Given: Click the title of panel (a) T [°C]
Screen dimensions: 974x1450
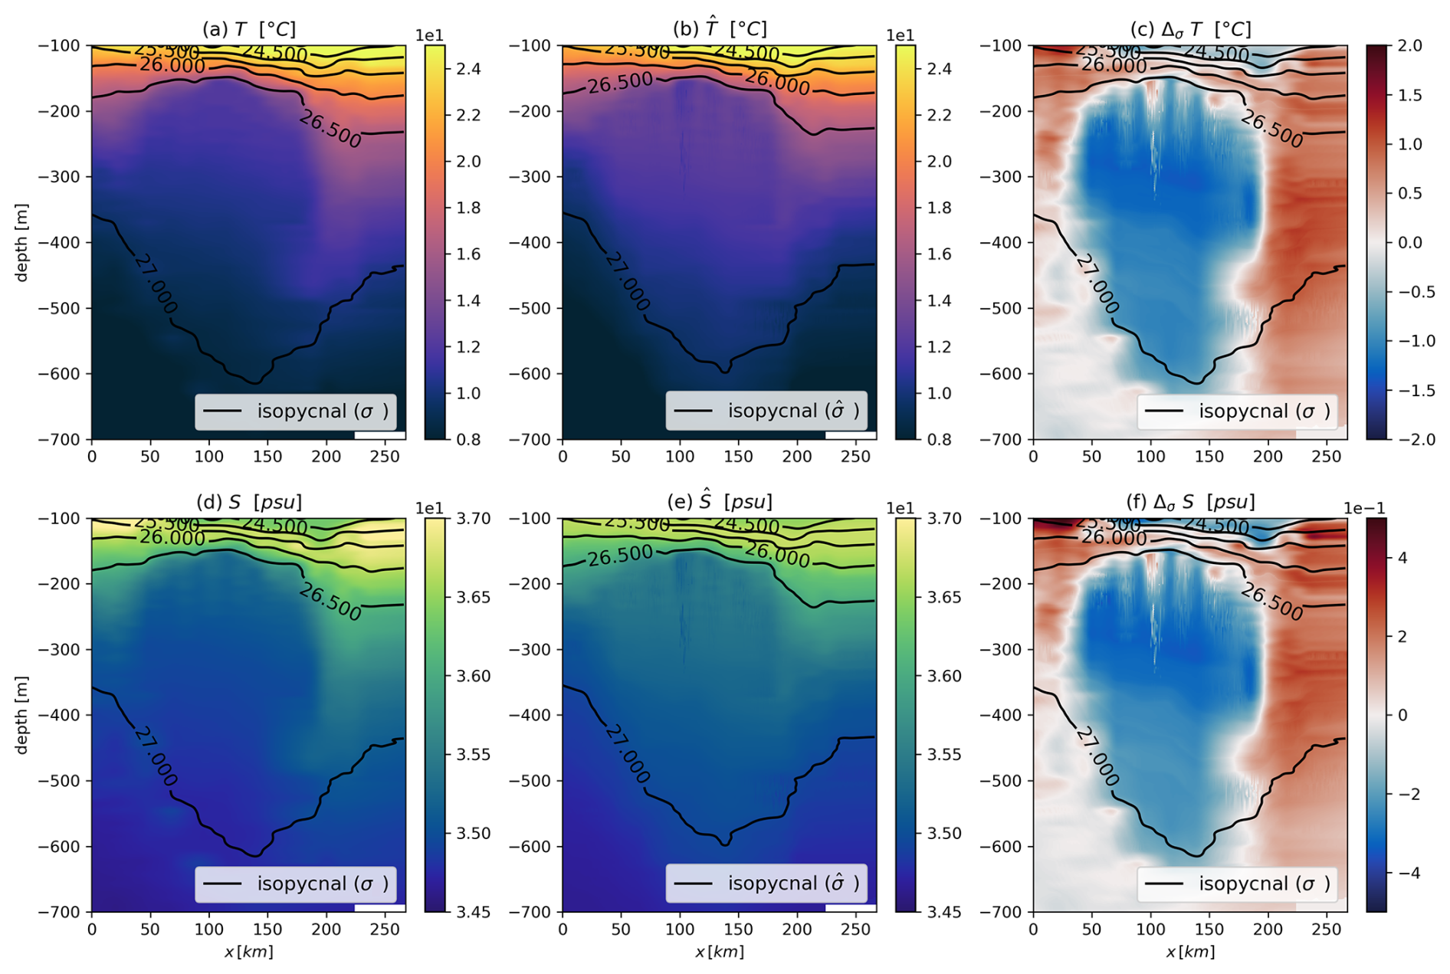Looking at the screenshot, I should (x=248, y=29).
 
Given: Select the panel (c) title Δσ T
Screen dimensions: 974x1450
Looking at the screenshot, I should (x=1190, y=29).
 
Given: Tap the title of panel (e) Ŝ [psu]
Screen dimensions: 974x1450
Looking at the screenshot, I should (x=719, y=502).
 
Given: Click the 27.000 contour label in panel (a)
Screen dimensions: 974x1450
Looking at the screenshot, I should (x=156, y=284).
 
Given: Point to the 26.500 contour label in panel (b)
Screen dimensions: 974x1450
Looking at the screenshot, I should (x=620, y=83).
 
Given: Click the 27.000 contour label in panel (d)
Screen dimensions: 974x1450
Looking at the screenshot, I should (x=156, y=757).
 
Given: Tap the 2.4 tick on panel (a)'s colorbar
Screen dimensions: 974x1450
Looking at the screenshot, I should (x=468, y=69).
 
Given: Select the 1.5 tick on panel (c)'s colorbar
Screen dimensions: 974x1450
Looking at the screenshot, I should (x=1409, y=95).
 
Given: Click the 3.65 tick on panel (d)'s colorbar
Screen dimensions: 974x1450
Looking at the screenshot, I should (x=473, y=597).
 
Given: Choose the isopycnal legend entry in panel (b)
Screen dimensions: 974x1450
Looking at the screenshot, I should (x=766, y=412).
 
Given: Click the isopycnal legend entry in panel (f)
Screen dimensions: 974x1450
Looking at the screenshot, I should (x=1237, y=884).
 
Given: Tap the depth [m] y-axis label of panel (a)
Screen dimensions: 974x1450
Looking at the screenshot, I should (x=21, y=242).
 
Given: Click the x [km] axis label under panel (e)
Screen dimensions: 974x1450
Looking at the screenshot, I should (x=719, y=952).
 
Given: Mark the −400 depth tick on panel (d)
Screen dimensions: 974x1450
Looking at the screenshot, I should (x=58, y=715).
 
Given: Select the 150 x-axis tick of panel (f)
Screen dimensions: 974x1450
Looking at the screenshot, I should (x=1209, y=930).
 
